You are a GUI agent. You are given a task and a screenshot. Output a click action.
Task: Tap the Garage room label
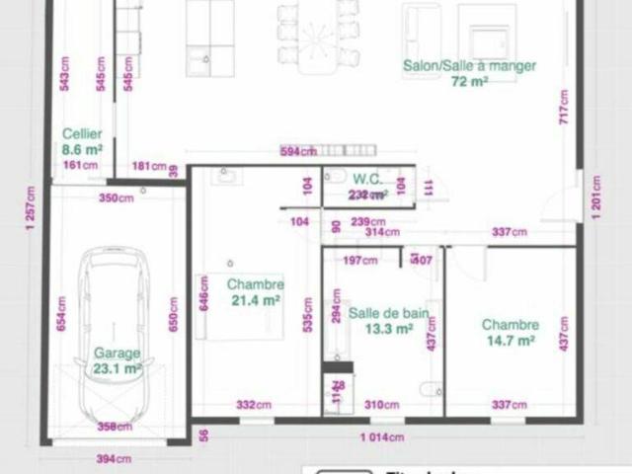tap(118, 353)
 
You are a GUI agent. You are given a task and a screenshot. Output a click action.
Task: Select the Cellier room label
tap(82, 134)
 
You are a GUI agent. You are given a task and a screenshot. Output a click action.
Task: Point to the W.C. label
tap(367, 180)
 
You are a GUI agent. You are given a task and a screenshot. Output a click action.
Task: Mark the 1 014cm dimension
tap(381, 437)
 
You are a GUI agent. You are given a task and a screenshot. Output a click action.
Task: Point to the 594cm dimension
tap(297, 151)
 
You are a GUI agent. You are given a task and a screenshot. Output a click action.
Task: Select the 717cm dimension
tap(564, 106)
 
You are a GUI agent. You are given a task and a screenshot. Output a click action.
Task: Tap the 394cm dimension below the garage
tap(114, 458)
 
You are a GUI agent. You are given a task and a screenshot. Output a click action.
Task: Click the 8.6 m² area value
tap(82, 149)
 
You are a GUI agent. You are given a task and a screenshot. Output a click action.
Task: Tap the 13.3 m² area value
tap(388, 330)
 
